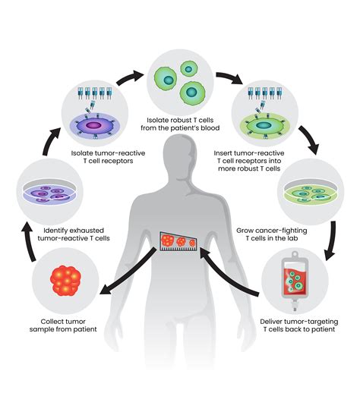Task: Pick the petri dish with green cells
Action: (308, 188)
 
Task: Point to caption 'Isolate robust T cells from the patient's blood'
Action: (180, 124)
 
